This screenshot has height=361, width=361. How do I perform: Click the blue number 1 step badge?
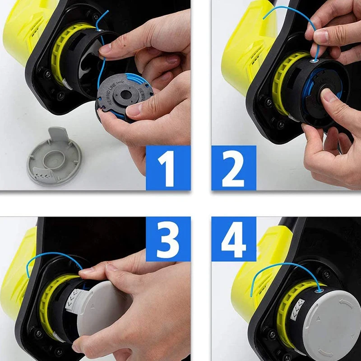167,167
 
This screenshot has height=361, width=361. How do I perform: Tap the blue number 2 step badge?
234,167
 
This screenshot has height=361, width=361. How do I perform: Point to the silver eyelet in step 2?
315,59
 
